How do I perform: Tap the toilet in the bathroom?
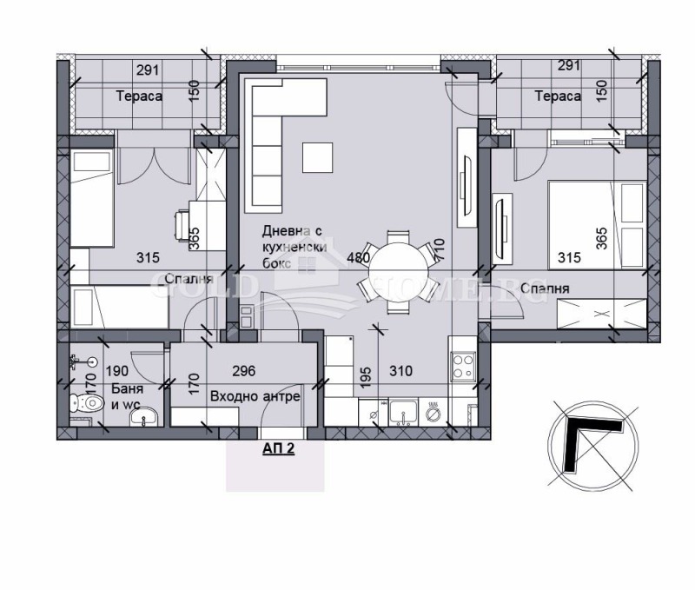(x=86, y=403)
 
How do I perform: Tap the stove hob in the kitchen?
(x=462, y=365)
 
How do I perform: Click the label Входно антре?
(x=255, y=396)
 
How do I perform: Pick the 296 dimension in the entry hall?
(x=244, y=371)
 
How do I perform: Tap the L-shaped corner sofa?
(x=274, y=135)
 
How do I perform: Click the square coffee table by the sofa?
(x=317, y=156)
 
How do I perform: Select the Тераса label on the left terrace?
(x=139, y=96)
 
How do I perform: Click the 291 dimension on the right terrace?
(x=569, y=65)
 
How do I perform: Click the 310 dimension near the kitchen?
(x=400, y=371)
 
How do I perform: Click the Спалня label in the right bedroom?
(x=547, y=288)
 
